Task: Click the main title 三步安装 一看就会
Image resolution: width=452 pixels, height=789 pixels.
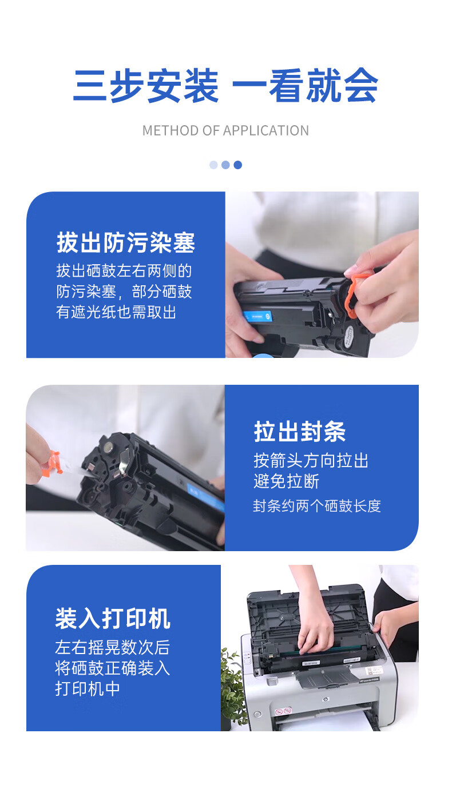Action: [x=225, y=85]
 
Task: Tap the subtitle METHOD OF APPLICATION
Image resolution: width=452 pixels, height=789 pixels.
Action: [x=225, y=131]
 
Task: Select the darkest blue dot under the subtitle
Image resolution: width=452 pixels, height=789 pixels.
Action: [x=238, y=165]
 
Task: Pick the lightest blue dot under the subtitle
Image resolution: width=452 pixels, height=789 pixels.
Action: [x=213, y=165]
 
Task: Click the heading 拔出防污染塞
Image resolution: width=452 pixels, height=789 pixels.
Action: [x=126, y=242]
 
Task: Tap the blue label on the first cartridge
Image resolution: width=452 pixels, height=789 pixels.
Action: [x=257, y=316]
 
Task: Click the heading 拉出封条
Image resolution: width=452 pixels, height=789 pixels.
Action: [x=300, y=431]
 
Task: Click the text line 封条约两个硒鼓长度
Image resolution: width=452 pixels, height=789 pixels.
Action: [x=317, y=506]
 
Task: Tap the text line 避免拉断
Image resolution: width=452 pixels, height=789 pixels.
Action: [x=286, y=481]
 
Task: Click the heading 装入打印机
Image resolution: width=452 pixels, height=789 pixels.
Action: [x=113, y=619]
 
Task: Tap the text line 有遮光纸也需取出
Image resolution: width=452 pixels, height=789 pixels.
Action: [x=116, y=312]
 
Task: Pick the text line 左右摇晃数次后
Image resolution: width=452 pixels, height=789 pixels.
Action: [x=113, y=647]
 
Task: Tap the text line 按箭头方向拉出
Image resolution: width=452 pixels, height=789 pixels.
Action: [x=311, y=460]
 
